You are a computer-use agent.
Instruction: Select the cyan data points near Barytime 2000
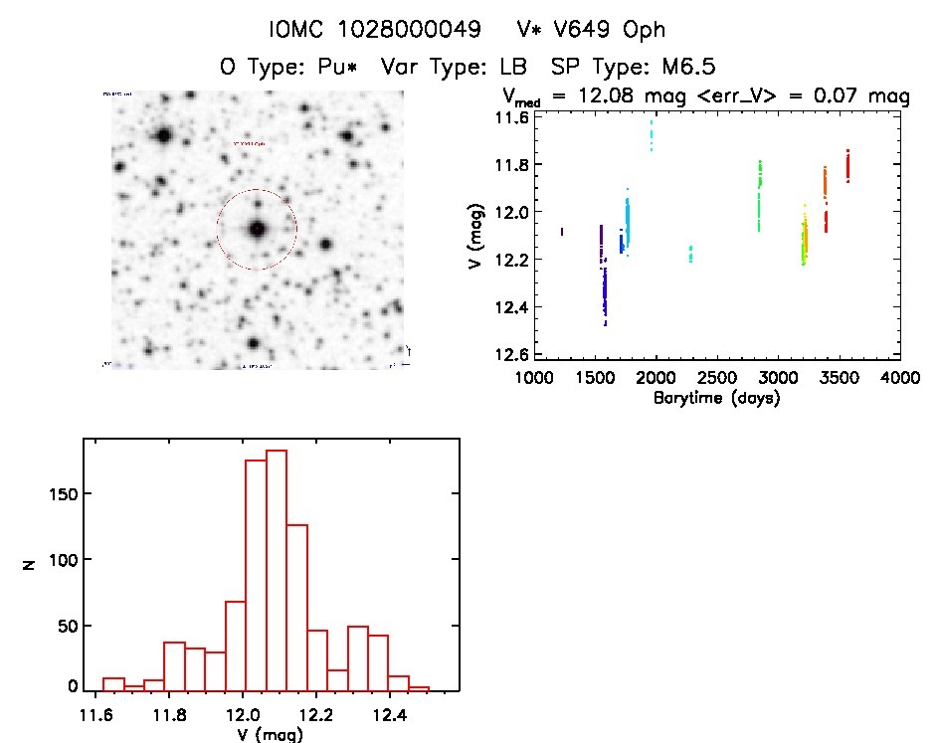pyautogui.click(x=652, y=134)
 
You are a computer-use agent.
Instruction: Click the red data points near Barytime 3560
pyautogui.click(x=847, y=165)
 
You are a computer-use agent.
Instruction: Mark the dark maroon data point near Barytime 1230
pyautogui.click(x=562, y=232)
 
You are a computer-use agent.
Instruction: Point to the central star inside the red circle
pyautogui.click(x=257, y=229)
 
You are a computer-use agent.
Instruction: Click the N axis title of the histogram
pyautogui.click(x=29, y=563)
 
